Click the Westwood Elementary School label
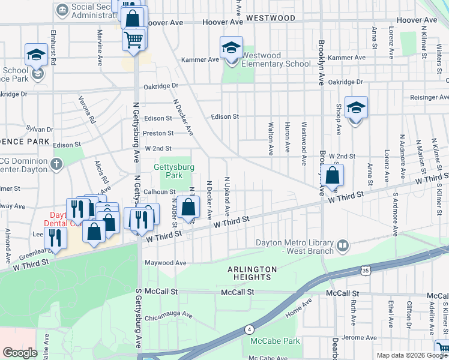276,59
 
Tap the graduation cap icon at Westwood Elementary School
231,47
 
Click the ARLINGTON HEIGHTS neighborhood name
252,273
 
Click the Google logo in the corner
20,353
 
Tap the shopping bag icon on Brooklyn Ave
331,176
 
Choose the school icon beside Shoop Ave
356,108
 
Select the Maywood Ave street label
165,263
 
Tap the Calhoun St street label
158,191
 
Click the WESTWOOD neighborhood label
271,18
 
